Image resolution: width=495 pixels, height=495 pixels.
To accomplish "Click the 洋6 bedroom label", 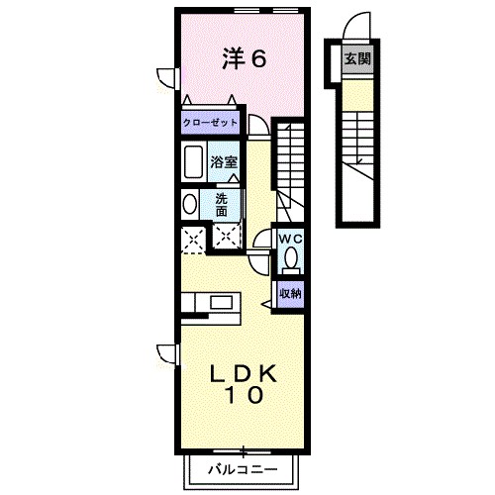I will point(243,58).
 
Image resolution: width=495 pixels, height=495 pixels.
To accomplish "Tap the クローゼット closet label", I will point(210,123).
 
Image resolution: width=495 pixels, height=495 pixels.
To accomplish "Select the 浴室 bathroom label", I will point(224,161).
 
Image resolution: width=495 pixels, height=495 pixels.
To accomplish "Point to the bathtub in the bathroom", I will point(193,161).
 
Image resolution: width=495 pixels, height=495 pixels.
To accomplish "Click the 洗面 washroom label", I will point(222,204).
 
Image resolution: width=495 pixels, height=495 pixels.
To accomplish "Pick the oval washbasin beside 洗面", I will point(189,205).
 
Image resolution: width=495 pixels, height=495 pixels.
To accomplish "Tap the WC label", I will point(290,240).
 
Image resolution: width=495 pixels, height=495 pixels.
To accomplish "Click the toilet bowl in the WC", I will point(290,259).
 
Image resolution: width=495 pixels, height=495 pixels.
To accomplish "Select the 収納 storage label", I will point(289,293).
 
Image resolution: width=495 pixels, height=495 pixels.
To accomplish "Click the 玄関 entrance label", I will point(357,58).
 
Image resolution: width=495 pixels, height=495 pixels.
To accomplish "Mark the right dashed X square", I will point(227,238).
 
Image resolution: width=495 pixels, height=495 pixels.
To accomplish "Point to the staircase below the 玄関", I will point(357,148).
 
